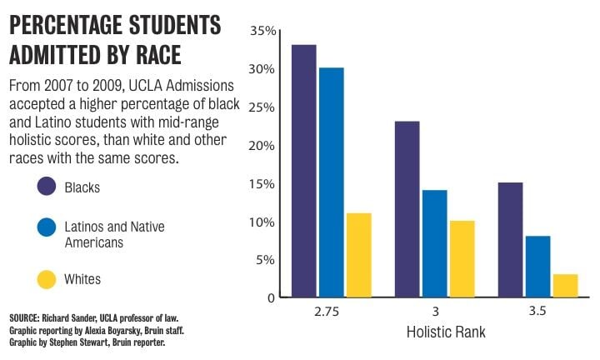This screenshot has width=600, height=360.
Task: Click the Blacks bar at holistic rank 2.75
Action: coord(303,171)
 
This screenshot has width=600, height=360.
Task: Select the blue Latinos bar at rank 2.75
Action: coord(331,182)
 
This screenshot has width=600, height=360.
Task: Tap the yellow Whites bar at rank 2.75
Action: coord(358,255)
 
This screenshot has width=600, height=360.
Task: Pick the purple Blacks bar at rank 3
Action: coord(407,209)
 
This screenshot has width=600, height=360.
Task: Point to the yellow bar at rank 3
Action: coord(462,258)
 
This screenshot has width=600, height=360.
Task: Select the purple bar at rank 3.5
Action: coord(510,239)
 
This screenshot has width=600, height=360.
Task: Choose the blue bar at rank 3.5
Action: coord(537,266)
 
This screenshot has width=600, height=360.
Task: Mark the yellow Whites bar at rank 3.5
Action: coord(565,285)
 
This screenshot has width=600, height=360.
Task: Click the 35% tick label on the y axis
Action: coord(262,32)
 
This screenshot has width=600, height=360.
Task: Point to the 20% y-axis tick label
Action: coord(262,146)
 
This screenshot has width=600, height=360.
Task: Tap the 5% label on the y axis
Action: coord(266,260)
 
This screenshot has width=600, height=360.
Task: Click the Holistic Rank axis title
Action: coord(446,332)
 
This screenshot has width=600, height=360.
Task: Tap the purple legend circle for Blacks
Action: coord(47,187)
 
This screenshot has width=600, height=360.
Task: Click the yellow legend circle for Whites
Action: coord(47,278)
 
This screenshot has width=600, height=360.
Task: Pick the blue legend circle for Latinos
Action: coord(47,227)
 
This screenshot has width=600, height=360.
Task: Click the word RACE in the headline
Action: coord(156,54)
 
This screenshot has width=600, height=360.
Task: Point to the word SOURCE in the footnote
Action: coord(27,319)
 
